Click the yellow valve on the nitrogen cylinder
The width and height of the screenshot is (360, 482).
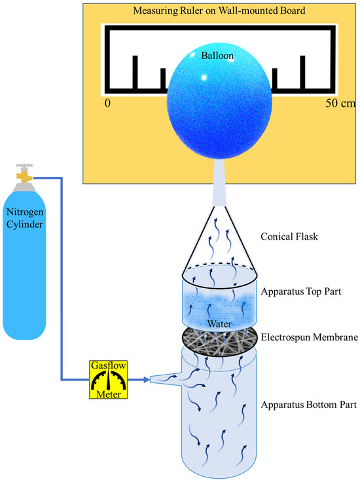coord(24,176)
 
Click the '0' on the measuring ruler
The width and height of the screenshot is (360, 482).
coord(107,103)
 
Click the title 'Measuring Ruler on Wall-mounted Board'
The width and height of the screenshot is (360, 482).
coord(219,11)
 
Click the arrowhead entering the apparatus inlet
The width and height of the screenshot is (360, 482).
coord(143,379)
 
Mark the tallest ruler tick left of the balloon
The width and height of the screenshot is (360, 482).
coord(136,71)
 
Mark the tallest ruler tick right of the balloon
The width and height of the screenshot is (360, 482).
coord(302,71)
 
